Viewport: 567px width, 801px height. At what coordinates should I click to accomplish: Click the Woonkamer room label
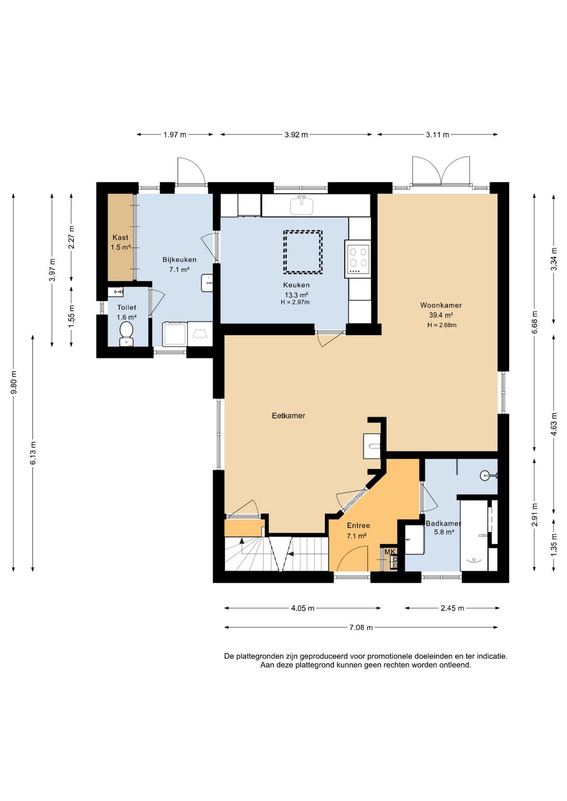[440, 305]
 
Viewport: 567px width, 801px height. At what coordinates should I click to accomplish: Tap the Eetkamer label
[288, 416]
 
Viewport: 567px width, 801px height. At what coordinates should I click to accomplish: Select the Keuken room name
[296, 285]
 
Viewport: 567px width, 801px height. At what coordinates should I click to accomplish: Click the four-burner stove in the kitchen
[358, 259]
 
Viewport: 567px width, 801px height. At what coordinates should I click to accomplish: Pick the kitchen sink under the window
[302, 206]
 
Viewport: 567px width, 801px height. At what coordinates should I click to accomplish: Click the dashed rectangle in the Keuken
[302, 252]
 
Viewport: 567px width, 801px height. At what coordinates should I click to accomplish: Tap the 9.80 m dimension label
[14, 382]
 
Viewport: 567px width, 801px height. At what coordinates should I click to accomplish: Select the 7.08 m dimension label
[361, 627]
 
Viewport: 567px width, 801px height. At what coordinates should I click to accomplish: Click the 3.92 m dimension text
[296, 134]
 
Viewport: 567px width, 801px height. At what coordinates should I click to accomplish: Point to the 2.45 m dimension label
[452, 608]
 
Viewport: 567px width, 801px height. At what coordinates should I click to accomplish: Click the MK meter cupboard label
[389, 552]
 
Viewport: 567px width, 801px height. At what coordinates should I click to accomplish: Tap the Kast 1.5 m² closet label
[121, 242]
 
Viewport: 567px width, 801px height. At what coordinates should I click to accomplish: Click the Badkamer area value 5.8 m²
[444, 532]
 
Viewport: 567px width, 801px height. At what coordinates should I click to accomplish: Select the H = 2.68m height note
[442, 325]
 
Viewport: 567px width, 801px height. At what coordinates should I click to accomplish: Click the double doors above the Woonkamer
[440, 171]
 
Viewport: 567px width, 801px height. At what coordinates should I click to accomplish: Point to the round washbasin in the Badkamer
[485, 475]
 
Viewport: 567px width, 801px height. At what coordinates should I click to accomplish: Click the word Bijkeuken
[179, 260]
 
